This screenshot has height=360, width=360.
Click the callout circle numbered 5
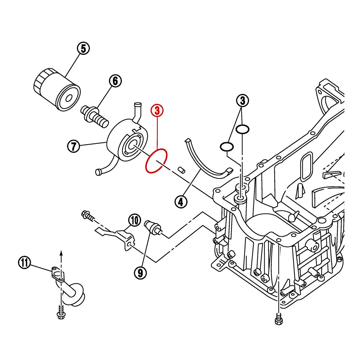(83, 48)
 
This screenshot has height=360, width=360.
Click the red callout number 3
(157, 110)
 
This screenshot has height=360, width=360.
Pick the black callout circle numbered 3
(243, 101)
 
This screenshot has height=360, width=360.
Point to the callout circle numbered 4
(181, 202)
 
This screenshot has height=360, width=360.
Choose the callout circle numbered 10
(135, 220)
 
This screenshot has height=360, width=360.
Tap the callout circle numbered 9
(140, 272)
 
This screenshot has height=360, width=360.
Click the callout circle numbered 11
(25, 263)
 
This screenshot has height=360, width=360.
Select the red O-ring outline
(156, 161)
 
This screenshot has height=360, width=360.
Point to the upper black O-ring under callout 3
(242, 130)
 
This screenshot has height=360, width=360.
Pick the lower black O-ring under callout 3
(227, 147)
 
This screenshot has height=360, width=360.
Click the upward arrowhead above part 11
(61, 252)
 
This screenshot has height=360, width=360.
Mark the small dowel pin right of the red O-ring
(181, 169)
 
